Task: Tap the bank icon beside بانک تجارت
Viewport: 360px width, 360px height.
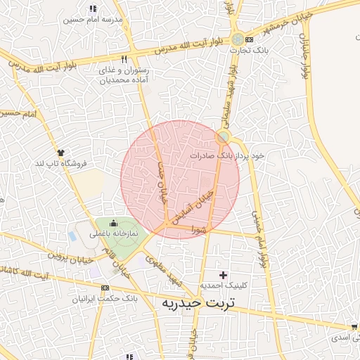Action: (x=248, y=39)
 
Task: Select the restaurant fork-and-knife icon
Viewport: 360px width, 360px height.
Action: (x=124, y=60)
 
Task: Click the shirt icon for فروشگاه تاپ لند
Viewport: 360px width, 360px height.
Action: (x=62, y=152)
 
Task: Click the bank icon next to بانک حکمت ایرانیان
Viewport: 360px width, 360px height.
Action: (x=105, y=288)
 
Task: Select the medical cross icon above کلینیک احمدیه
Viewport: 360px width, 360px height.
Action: (x=224, y=274)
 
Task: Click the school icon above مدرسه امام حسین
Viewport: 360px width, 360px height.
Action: (x=93, y=9)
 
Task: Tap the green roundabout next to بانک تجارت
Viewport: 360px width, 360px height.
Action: (x=240, y=39)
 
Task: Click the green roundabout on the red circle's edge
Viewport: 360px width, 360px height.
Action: (x=224, y=136)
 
